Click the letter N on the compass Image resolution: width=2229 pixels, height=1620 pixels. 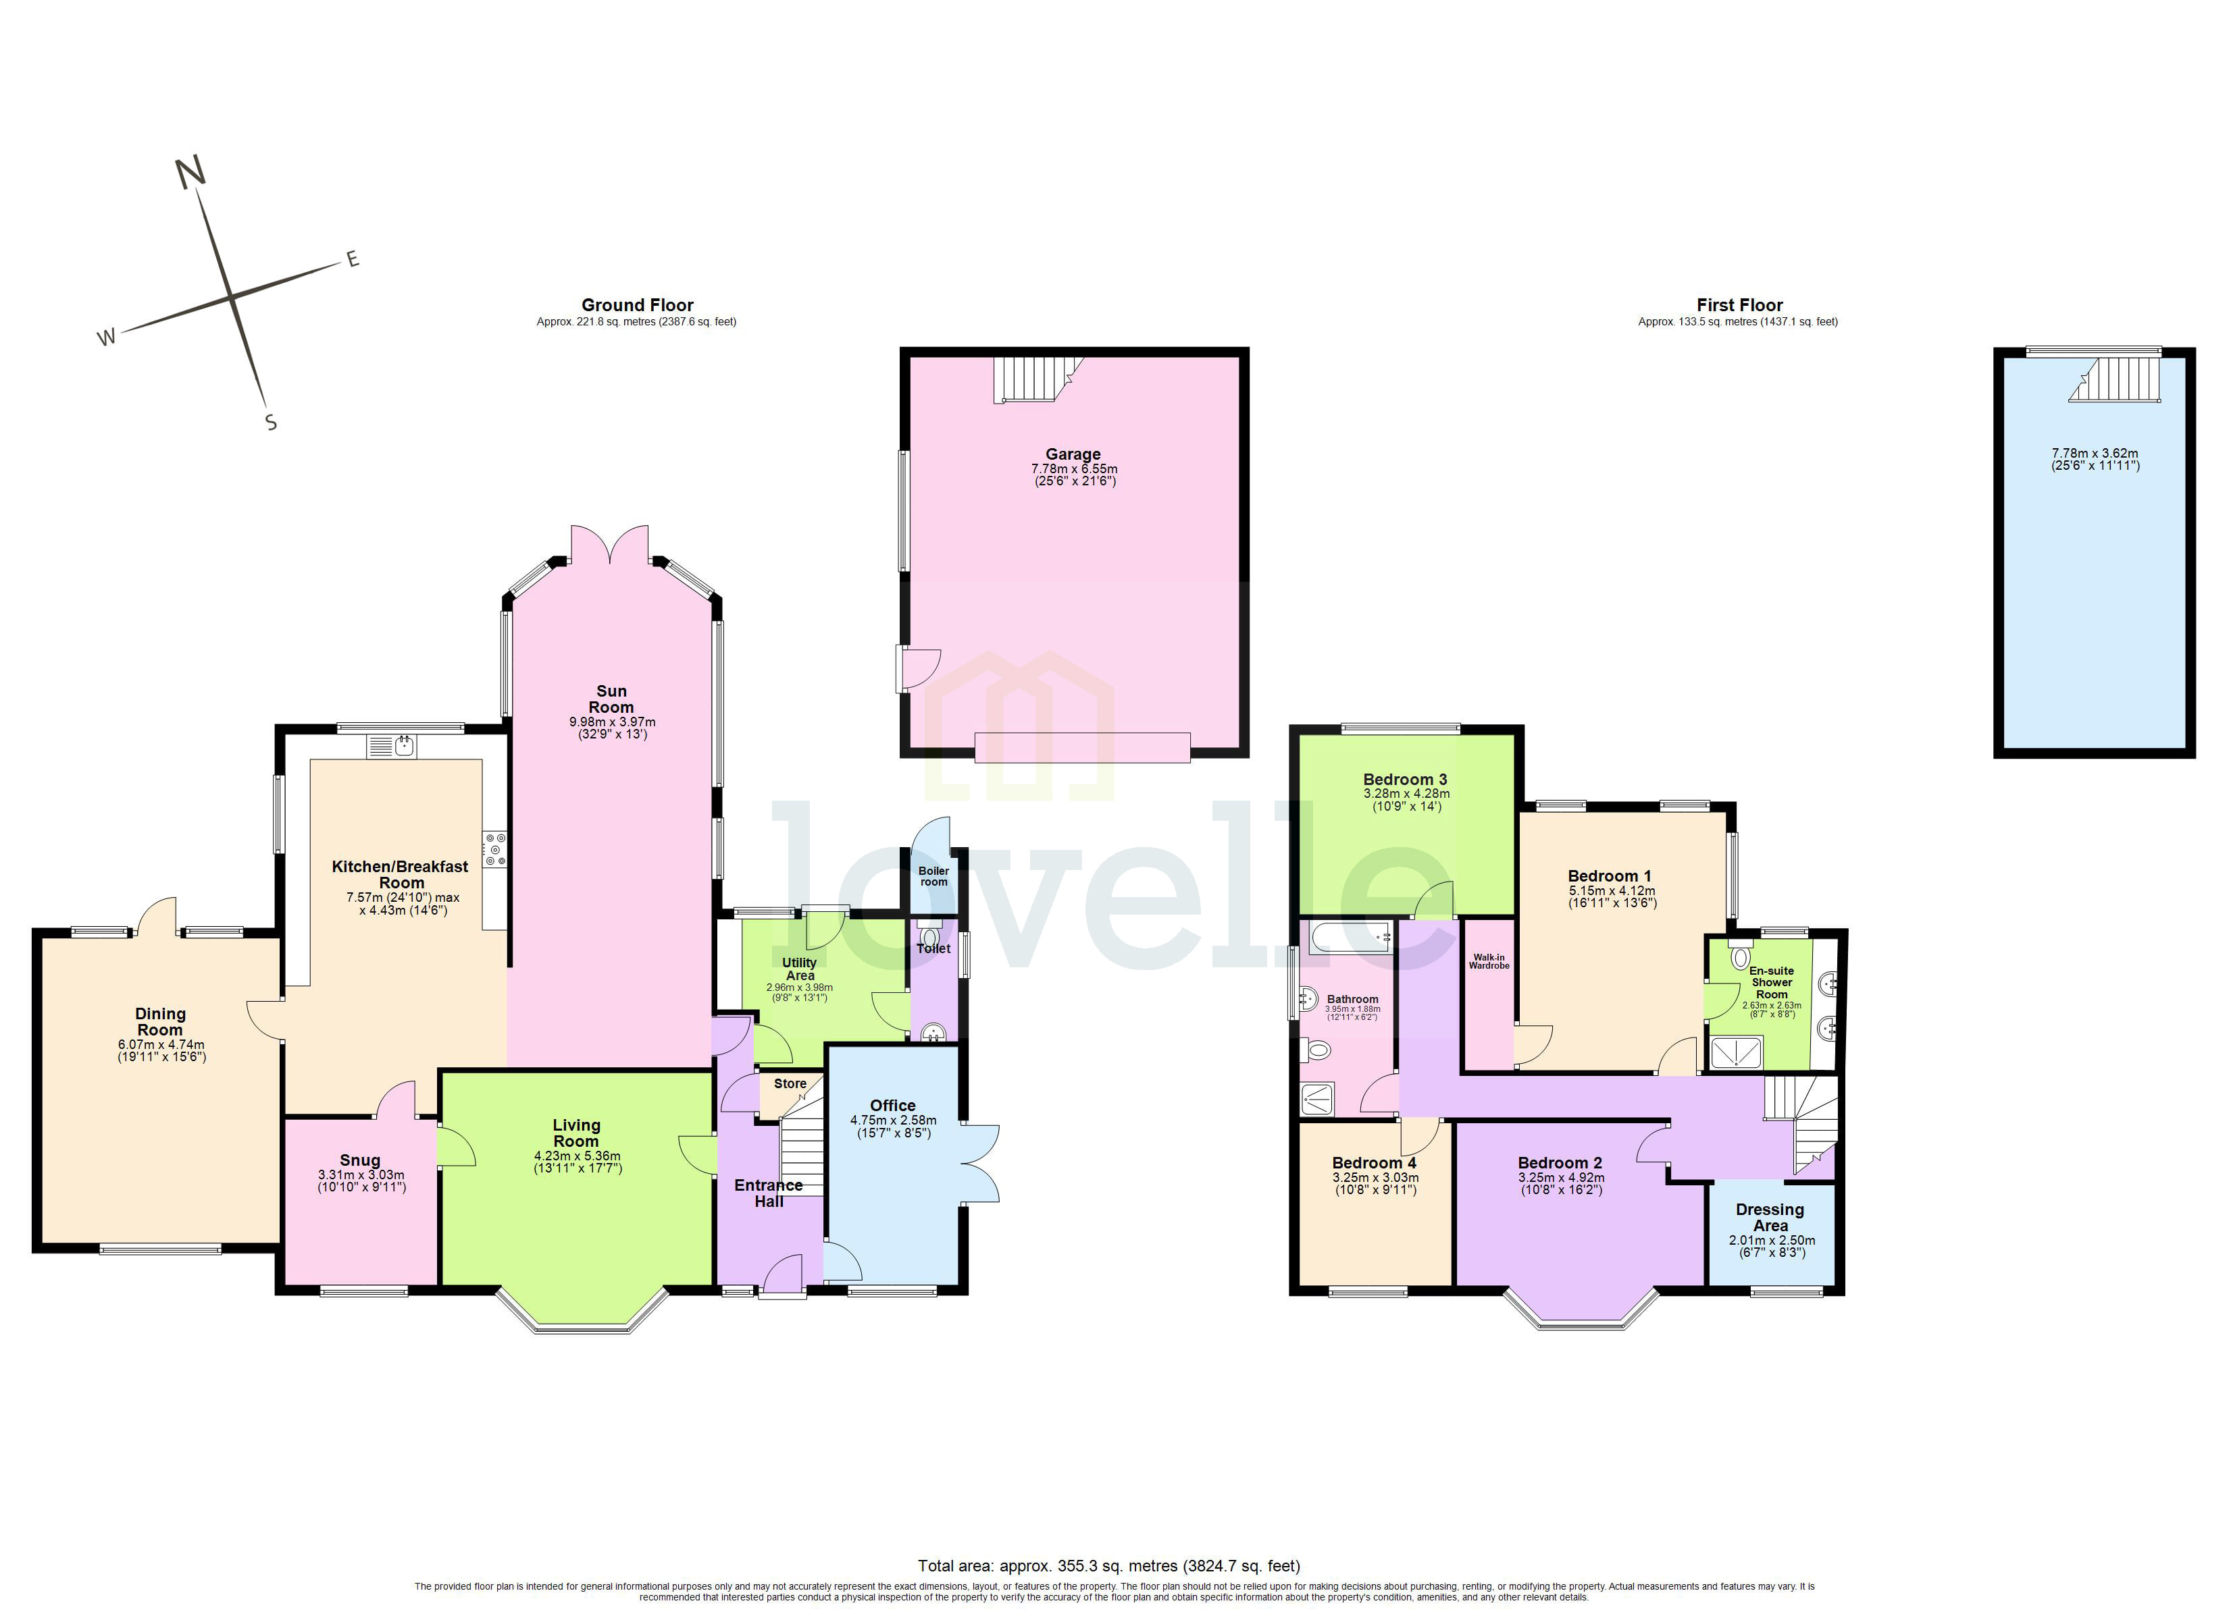tap(190, 172)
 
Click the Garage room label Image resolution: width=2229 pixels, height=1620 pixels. tap(1072, 454)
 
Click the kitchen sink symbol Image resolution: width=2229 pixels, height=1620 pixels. tap(392, 747)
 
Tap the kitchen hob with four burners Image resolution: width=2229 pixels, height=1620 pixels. tap(494, 850)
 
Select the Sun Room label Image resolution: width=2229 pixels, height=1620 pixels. tap(611, 699)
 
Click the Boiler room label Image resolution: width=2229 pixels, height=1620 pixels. tap(933, 875)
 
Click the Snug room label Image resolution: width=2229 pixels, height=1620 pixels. tap(360, 1160)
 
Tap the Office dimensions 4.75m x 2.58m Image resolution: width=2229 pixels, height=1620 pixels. tap(892, 1120)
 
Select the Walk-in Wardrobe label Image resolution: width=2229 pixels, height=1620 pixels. tap(1489, 961)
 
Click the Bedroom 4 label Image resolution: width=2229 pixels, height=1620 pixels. tap(1374, 1162)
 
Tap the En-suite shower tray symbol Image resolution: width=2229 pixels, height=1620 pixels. tap(1737, 1053)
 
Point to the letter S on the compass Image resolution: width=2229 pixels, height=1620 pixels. tap(272, 423)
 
